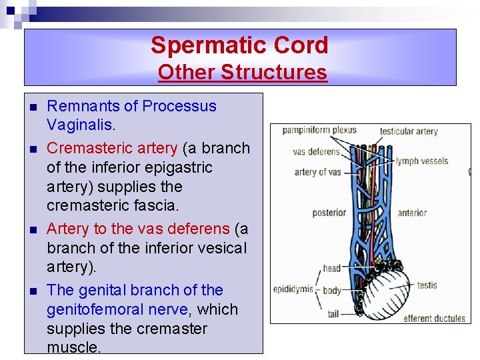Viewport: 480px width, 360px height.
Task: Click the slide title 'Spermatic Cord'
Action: coord(239,45)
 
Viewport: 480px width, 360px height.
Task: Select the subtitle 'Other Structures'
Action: coord(242,72)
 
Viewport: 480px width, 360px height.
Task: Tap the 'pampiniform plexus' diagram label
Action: coord(319,129)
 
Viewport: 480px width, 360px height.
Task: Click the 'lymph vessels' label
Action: coord(421,161)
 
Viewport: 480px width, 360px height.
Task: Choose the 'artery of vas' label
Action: coord(317,172)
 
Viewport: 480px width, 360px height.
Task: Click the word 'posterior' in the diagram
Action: coord(329,213)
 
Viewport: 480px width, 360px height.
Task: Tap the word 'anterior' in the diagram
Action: coord(411,213)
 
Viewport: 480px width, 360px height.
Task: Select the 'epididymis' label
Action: coord(293,289)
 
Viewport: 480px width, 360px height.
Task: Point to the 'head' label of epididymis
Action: coord(331,269)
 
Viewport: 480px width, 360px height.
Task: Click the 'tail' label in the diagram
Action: coord(333,314)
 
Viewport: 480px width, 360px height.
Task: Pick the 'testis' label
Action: coord(427,285)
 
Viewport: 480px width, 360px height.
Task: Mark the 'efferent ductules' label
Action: coord(434,318)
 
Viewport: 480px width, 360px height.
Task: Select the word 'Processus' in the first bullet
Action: coord(179,106)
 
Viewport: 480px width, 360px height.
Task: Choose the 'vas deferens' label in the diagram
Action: coord(316,152)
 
